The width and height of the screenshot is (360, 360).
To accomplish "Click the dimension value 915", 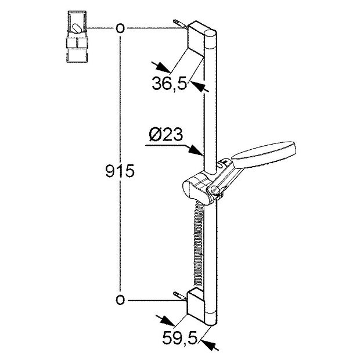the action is pyautogui.click(x=120, y=171).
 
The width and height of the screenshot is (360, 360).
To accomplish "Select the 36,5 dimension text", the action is pyautogui.click(x=169, y=83).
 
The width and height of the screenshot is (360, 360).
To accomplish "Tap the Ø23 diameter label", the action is pyautogui.click(x=166, y=134).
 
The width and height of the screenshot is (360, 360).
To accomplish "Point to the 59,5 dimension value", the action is pyautogui.click(x=179, y=338).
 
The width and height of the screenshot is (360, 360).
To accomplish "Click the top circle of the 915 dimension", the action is pyautogui.click(x=120, y=28).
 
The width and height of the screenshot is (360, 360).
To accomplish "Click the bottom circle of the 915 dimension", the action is pyautogui.click(x=120, y=300).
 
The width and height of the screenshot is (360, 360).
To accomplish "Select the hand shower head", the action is pyautogui.click(x=264, y=153).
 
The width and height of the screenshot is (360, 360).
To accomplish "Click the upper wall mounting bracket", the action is pyautogui.click(x=196, y=38).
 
